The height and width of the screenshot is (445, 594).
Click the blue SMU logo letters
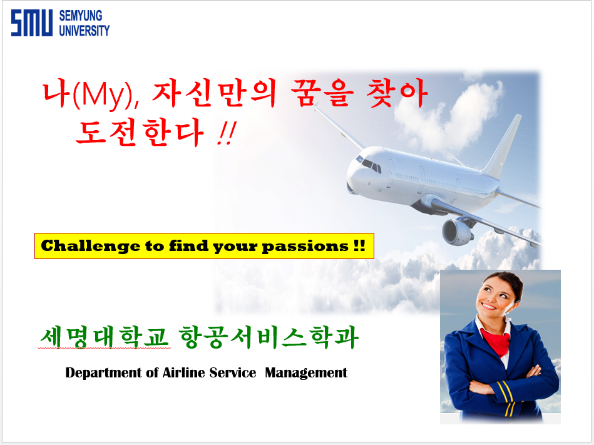click(32, 23)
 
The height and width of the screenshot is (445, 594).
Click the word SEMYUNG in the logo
click(81, 16)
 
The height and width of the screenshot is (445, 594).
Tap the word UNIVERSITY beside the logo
click(84, 30)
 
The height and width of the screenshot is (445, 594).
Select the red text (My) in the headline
click(103, 94)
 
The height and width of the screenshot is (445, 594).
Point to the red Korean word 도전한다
click(140, 133)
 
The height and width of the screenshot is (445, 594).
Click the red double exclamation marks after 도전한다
click(227, 133)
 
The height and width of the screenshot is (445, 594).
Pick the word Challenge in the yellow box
click(91, 246)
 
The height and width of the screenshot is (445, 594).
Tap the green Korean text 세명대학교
click(105, 337)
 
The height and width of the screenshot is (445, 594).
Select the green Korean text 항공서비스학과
click(269, 337)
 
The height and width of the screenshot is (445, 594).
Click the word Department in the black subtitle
click(103, 373)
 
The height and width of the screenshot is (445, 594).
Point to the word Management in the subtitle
click(305, 373)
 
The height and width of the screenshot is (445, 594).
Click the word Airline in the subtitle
click(184, 372)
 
